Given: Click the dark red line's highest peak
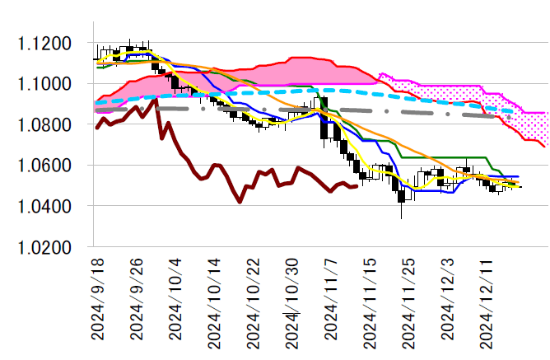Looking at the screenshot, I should click(x=154, y=101).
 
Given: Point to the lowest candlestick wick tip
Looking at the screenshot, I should click(x=402, y=218).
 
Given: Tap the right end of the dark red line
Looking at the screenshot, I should click(x=356, y=186).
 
